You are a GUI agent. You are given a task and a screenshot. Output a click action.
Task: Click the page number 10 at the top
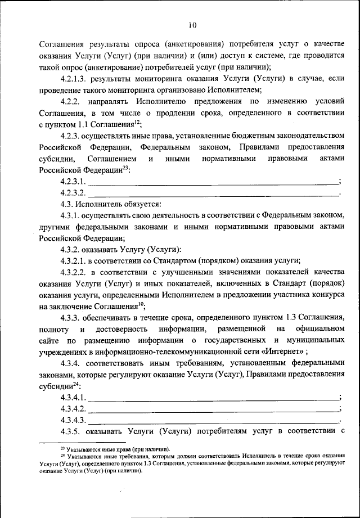192,24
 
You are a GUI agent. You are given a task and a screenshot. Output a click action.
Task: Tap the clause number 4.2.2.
73,101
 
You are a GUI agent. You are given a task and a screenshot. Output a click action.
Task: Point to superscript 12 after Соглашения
137,122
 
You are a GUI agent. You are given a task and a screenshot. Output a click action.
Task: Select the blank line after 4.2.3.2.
214,193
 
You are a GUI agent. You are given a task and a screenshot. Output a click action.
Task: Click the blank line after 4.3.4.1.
214,398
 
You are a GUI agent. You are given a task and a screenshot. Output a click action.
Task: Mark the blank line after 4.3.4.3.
214,420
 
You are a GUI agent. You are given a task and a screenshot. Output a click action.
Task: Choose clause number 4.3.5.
71,432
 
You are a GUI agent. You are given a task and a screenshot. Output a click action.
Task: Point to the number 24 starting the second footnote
62,456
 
